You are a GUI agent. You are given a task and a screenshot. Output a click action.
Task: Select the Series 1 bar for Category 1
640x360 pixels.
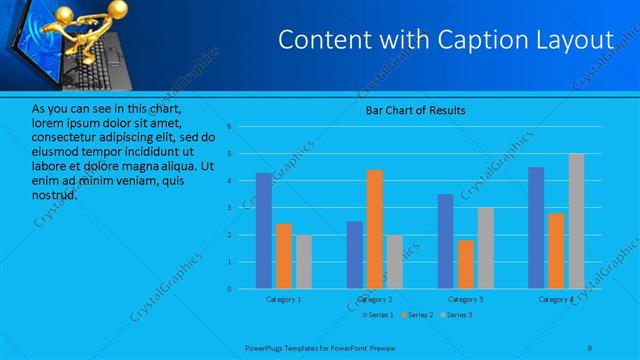tap(263, 231)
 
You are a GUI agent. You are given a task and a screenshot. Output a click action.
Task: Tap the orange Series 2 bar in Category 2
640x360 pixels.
tap(375, 229)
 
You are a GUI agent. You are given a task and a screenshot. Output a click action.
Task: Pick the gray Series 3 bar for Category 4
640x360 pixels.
tap(576, 221)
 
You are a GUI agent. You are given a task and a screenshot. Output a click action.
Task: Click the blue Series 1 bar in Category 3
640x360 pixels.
tap(445, 241)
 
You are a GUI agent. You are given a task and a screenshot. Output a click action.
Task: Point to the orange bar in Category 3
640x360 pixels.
tap(465, 264)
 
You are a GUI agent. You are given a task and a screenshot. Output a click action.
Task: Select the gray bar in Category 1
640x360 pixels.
tap(303, 262)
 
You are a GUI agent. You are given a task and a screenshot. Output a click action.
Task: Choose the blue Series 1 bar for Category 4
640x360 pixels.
tap(536, 228)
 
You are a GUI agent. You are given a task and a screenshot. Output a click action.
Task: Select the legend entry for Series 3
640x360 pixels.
tap(456, 315)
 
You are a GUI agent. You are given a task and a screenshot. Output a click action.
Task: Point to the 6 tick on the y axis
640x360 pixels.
tap(229, 127)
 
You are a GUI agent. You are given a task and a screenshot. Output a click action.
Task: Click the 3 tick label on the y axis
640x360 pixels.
tap(229, 208)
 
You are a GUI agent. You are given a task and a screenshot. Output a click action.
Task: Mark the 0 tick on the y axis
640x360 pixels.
tap(229, 289)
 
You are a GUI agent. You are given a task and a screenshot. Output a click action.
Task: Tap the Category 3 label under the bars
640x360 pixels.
tap(465, 299)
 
